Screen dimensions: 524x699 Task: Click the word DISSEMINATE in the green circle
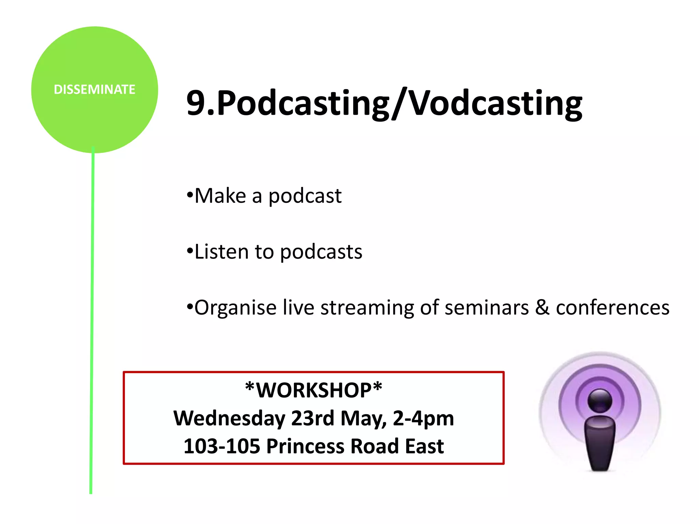[95, 89]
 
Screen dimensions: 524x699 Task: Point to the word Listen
[222, 252]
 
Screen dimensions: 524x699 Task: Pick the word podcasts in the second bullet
[321, 252]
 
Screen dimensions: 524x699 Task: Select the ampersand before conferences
[542, 307]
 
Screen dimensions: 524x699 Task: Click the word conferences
[613, 308]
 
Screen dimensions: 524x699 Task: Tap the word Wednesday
[229, 419]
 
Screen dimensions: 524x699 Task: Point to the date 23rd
[313, 418]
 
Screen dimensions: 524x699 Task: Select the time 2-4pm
[423, 419]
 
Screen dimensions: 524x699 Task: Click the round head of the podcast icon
[600, 401]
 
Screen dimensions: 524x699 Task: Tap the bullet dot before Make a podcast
[190, 195]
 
